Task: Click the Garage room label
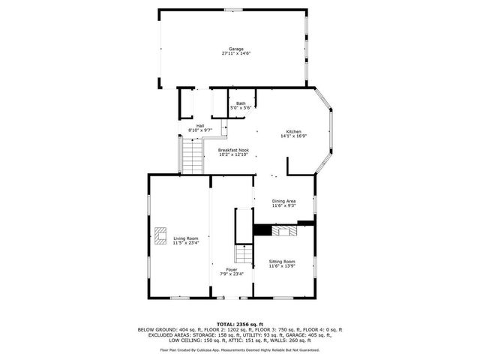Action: click(235, 49)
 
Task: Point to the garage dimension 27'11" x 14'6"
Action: click(235, 54)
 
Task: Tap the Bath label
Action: click(240, 103)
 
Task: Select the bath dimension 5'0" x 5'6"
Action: click(240, 109)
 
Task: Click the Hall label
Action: click(200, 125)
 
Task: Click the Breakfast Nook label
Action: click(233, 149)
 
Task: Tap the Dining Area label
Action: click(283, 200)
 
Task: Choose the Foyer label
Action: click(232, 268)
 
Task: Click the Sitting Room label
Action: click(283, 261)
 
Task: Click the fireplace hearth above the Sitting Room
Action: click(284, 231)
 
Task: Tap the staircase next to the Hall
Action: click(192, 156)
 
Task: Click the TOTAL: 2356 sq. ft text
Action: click(239, 323)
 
